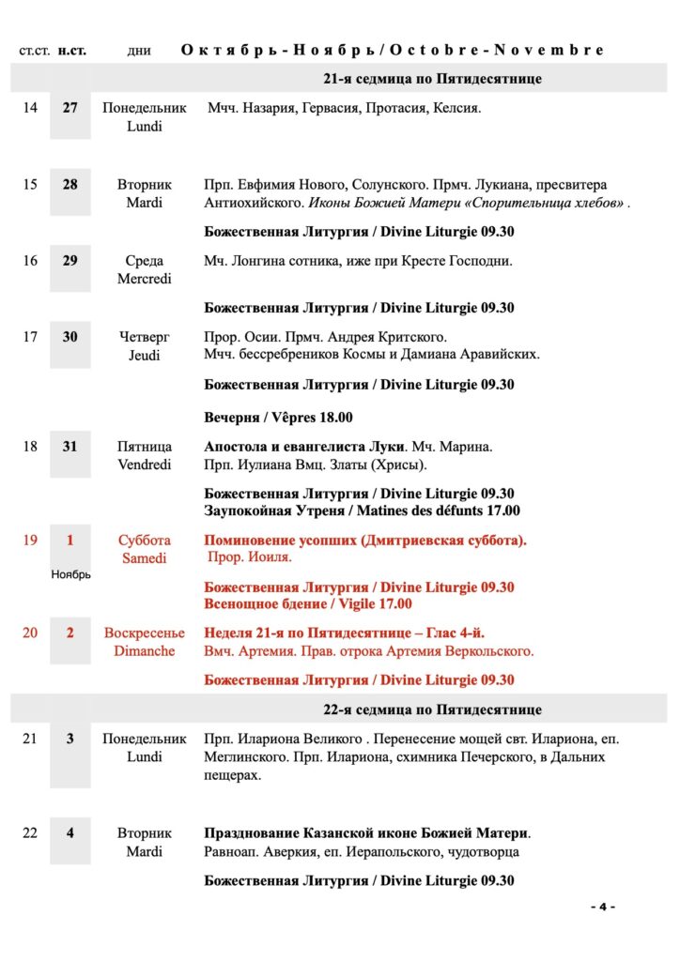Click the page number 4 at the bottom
602,907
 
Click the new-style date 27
70,108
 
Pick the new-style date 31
70,447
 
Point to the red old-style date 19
30,541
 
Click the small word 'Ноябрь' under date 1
70,574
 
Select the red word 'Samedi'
145,558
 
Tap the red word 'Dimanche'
145,651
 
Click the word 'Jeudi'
145,355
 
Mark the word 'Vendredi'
145,465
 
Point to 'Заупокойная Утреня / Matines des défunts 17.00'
362,511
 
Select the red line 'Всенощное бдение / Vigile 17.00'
308,604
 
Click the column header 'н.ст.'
71,51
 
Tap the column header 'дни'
139,51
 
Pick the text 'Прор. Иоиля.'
250,557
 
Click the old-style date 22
30,833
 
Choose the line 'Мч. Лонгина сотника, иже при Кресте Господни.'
358,261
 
